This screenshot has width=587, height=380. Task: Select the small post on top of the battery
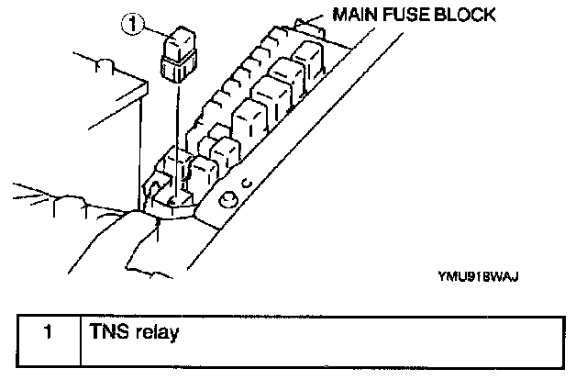104,65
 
